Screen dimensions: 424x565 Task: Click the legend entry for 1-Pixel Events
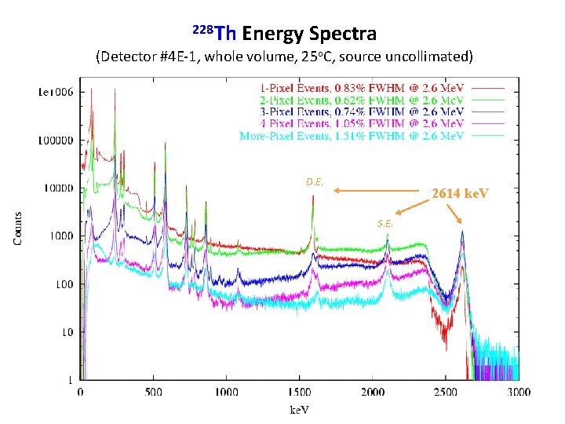pyautogui.click(x=362, y=87)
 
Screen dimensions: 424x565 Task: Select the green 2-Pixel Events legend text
pyautogui.click(x=362, y=100)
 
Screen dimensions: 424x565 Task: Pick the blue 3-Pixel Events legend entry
pyautogui.click(x=362, y=111)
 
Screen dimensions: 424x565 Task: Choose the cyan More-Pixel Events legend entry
pyautogui.click(x=352, y=136)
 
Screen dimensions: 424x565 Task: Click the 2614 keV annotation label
pyautogui.click(x=460, y=193)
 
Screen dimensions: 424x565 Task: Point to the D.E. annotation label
pyautogui.click(x=315, y=181)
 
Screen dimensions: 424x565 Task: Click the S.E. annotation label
pyautogui.click(x=385, y=223)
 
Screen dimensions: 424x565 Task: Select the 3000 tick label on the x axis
pyautogui.click(x=518, y=393)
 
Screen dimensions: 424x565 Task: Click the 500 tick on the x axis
pyautogui.click(x=154, y=393)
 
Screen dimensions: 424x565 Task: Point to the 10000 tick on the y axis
pyautogui.click(x=54, y=188)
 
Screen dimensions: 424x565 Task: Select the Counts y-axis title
pyautogui.click(x=17, y=227)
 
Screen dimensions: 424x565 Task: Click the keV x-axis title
pyautogui.click(x=299, y=410)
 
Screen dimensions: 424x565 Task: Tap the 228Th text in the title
pyautogui.click(x=214, y=33)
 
